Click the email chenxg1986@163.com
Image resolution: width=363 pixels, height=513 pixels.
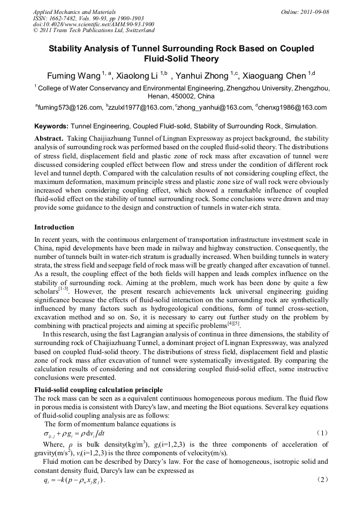click(294, 108)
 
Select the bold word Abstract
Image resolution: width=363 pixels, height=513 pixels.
click(49, 138)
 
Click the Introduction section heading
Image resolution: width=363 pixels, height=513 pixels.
click(54, 227)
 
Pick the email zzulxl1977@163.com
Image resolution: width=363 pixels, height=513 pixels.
click(139, 108)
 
